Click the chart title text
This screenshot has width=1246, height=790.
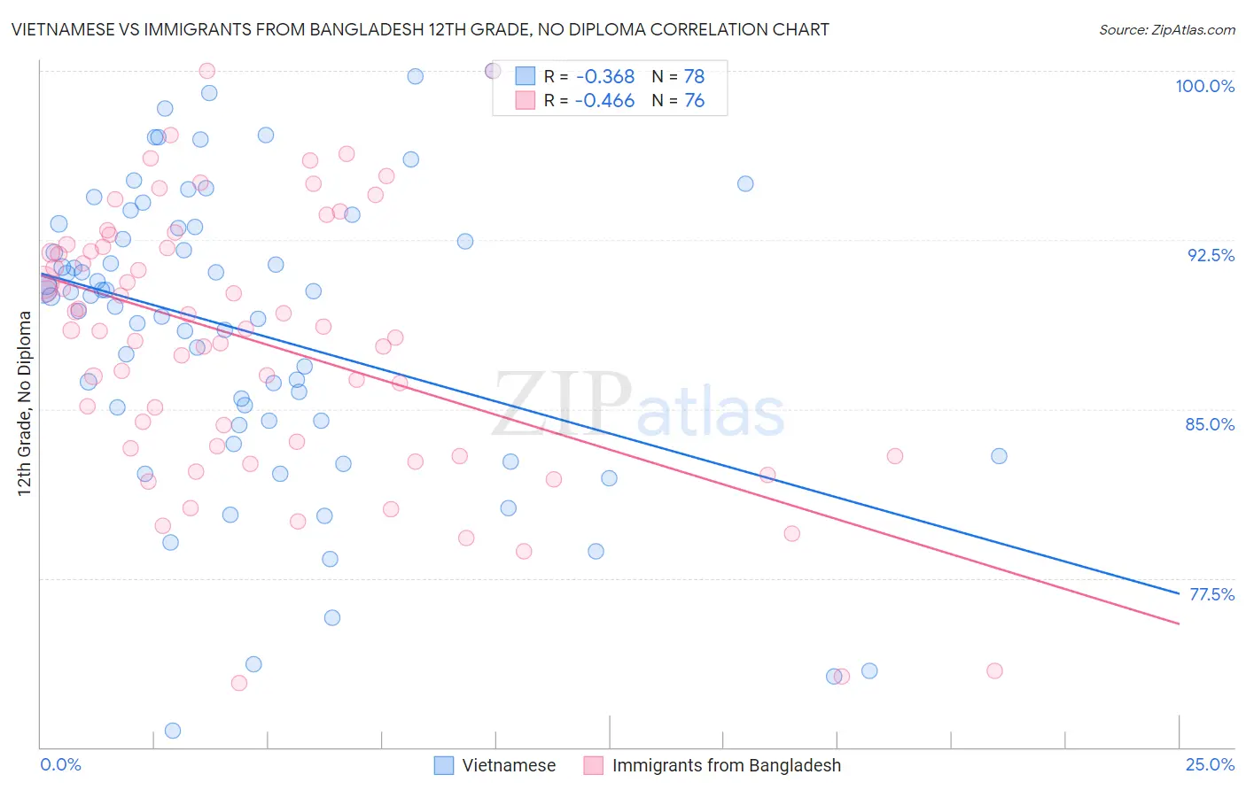[420, 29]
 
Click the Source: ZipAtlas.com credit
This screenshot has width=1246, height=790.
[1166, 30]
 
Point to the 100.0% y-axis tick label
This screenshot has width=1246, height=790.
[1204, 86]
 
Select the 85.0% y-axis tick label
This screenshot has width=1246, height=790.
[1210, 424]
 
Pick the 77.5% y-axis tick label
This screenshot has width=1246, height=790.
[1211, 594]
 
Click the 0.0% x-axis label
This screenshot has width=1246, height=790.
[61, 764]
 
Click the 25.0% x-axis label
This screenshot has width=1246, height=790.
[1210, 764]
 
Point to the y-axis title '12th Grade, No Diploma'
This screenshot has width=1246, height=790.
[25, 403]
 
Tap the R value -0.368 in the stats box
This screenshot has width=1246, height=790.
[604, 77]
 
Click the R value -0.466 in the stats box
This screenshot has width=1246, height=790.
[604, 101]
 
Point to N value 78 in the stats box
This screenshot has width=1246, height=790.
[694, 77]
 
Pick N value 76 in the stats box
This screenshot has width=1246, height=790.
[694, 101]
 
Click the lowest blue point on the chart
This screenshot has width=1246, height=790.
[173, 731]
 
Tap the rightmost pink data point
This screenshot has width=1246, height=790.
[994, 671]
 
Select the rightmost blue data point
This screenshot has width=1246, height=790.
[999, 456]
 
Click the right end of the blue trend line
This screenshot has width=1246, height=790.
[1179, 592]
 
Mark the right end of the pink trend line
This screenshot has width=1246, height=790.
[1179, 623]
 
